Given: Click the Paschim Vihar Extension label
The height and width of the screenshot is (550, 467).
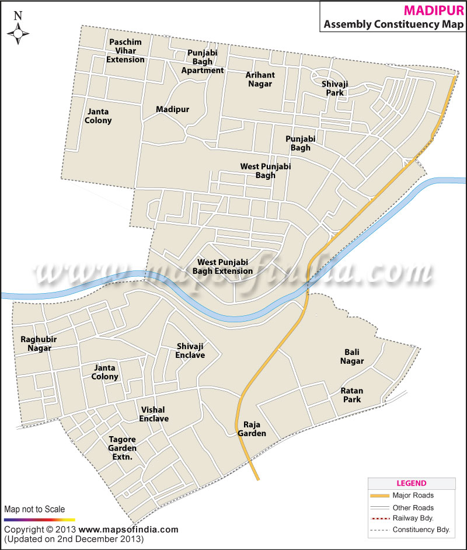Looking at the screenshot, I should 126,50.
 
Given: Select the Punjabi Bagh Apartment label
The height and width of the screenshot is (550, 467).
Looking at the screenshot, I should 202,61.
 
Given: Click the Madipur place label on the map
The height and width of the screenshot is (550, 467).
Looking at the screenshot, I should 172,110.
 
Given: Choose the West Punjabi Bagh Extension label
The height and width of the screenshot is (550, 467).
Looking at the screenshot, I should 225,267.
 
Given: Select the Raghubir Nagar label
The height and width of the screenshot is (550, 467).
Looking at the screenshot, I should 36,343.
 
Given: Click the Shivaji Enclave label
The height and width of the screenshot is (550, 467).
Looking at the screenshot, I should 190,350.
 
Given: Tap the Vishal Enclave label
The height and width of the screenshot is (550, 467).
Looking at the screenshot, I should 154,414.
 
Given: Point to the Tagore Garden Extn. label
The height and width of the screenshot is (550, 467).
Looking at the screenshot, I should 123,448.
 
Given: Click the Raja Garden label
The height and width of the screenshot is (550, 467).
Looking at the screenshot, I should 252,429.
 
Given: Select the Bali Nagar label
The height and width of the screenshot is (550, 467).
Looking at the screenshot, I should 352,356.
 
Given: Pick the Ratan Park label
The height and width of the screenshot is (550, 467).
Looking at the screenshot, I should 352,395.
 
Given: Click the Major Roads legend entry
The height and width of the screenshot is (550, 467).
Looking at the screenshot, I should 413,495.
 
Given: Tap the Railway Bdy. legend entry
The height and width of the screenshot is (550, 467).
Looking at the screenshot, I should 413,518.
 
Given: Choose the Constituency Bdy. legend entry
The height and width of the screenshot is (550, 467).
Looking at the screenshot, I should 420,530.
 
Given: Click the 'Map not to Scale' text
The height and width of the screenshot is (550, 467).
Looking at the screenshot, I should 34,509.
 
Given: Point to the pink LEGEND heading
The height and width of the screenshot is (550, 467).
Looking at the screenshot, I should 412,483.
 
